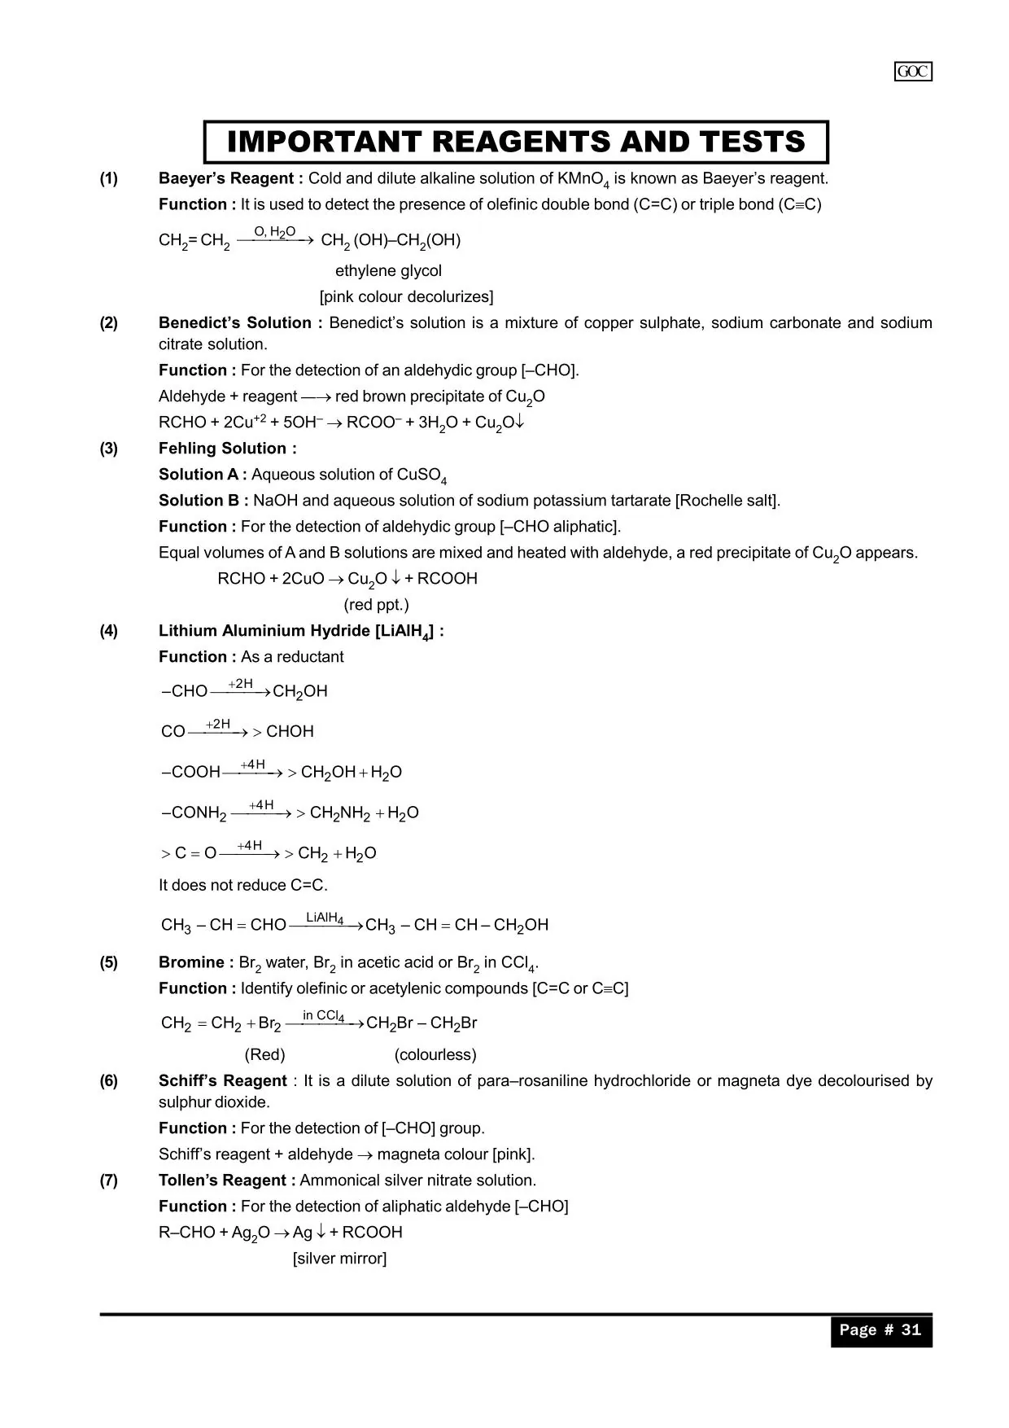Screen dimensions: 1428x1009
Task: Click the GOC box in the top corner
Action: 913,72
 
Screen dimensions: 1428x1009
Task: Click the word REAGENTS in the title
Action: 519,142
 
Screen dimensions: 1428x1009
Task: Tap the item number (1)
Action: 109,178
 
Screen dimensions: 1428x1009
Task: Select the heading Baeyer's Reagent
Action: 231,178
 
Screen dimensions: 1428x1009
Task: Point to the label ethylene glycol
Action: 388,270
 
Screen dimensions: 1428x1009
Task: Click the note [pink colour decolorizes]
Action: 406,296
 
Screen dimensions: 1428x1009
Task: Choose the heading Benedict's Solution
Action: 240,322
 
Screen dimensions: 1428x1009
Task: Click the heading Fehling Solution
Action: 227,448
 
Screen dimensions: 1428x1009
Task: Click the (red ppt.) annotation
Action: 376,604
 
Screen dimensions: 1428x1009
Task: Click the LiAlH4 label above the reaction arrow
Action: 325,918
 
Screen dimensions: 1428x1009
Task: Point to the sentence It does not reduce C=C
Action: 243,885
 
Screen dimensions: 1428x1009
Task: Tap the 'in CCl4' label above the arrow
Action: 323,1015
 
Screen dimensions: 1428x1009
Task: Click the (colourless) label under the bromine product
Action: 435,1054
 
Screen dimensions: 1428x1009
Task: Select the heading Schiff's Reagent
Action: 222,1080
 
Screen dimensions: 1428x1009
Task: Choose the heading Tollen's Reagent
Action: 227,1180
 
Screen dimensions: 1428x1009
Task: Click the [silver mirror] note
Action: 339,1258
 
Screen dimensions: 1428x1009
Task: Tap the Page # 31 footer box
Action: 880,1329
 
